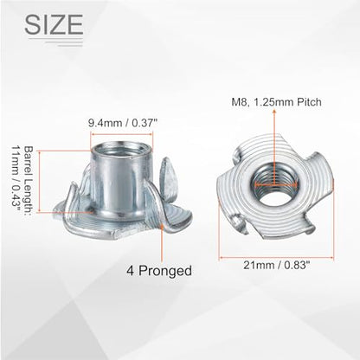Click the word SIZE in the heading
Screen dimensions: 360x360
pos(54,24)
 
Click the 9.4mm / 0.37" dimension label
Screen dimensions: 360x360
pos(122,123)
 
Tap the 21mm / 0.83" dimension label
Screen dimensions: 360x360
pos(277,265)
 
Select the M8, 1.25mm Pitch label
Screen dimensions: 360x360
pos(276,102)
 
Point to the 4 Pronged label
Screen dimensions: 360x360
pos(159,271)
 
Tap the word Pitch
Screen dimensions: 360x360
pos(310,102)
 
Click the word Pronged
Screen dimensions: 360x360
pos(165,271)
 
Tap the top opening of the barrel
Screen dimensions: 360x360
pos(121,149)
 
